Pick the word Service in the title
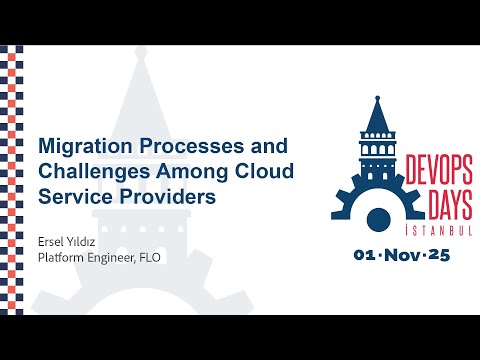pos(73,197)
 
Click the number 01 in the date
pos(366,255)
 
